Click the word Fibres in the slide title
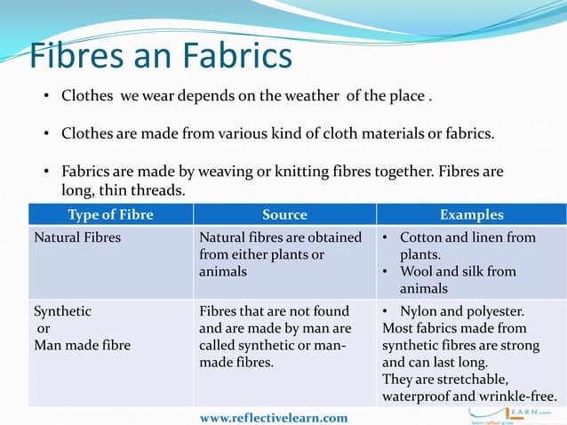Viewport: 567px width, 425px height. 74,56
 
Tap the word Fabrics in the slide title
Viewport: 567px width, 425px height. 237,56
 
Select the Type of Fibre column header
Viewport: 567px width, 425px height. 110,214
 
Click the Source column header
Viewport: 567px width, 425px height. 284,214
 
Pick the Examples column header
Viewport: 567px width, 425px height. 471,214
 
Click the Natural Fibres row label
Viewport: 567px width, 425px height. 77,237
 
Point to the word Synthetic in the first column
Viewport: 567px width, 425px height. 62,311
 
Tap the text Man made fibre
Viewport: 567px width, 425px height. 82,345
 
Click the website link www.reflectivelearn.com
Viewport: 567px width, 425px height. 274,417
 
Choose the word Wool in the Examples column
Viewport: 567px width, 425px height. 417,271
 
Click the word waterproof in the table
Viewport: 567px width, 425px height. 417,396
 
